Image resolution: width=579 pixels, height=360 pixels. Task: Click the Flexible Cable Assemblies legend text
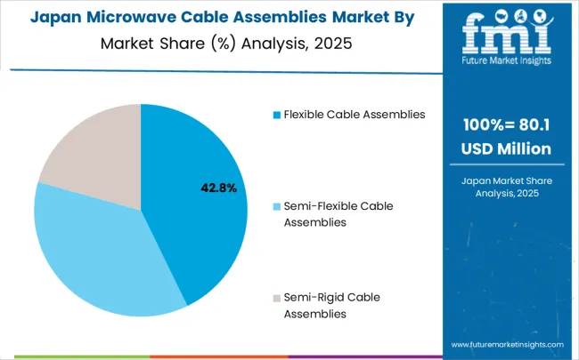tap(355, 114)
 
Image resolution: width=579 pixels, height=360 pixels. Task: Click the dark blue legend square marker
tap(277, 115)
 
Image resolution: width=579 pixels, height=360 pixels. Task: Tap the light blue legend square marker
tap(277, 206)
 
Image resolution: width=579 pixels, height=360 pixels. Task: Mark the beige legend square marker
tap(277, 297)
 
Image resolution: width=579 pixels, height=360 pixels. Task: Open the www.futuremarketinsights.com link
tap(507, 344)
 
